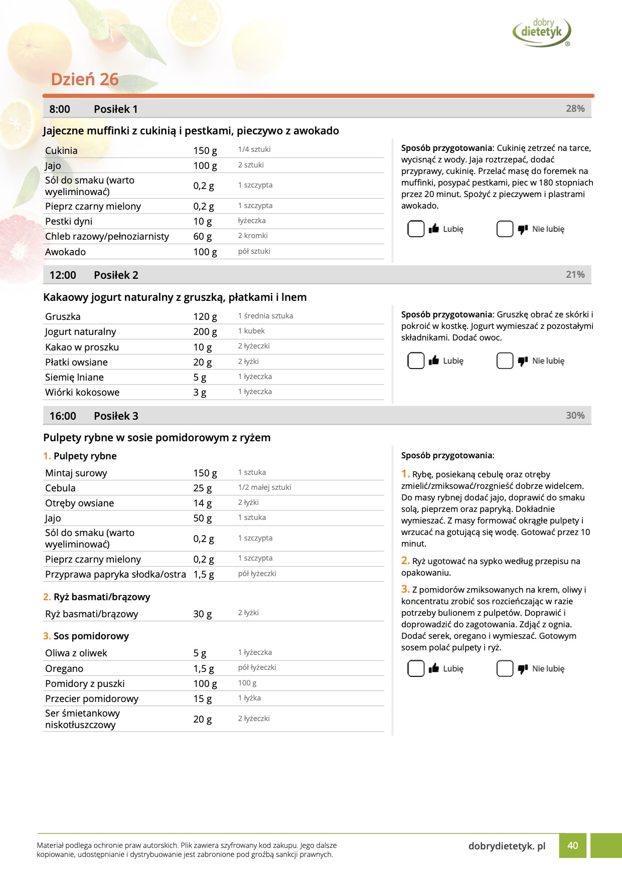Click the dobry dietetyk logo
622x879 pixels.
click(542, 32)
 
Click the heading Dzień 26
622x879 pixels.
click(85, 79)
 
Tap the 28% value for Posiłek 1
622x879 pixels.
click(575, 109)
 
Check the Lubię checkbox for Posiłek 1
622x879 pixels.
click(416, 229)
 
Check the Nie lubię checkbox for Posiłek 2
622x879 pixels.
click(505, 361)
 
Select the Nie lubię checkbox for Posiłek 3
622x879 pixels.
click(505, 668)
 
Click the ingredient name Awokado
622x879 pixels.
click(66, 252)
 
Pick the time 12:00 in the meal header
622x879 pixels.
click(63, 275)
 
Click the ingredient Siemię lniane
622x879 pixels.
click(74, 377)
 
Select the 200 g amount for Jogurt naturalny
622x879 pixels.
click(205, 331)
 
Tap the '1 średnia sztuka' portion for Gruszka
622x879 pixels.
click(265, 316)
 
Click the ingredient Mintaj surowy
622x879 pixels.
click(76, 473)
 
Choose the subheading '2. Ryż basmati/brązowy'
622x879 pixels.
click(96, 597)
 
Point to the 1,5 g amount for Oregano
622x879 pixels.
click(204, 668)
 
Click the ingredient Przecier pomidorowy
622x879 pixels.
click(92, 698)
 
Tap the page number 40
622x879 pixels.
click(572, 845)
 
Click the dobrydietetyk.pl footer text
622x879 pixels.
click(507, 846)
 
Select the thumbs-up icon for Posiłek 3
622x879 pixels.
click(434, 668)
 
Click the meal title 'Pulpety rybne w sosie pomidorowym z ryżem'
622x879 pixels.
click(157, 437)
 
